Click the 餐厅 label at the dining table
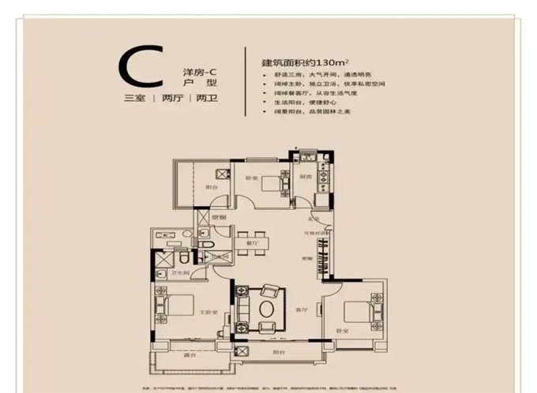click(253, 245)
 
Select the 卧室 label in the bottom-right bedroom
click(341, 331)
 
